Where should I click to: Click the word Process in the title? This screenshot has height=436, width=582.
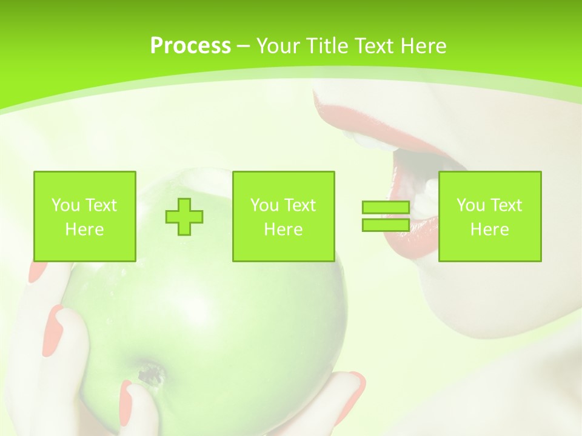(x=190, y=46)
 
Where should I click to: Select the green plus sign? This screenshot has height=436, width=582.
(x=184, y=217)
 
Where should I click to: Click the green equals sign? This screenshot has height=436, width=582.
(x=386, y=217)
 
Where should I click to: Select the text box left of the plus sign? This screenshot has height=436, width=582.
(x=84, y=217)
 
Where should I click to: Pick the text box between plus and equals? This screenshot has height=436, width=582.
(x=283, y=217)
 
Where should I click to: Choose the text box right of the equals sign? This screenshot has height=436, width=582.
(x=489, y=217)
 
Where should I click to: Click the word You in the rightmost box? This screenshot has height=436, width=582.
(x=469, y=205)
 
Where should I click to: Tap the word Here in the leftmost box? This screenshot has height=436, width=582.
(x=84, y=230)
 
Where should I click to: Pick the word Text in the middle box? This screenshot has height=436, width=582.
(x=299, y=205)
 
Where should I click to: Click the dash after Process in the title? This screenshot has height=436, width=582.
(x=243, y=46)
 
